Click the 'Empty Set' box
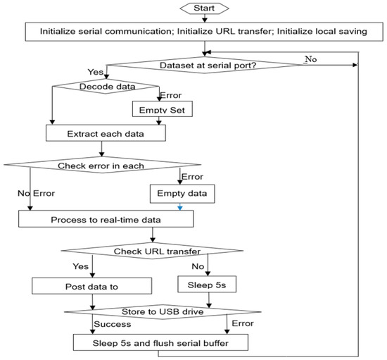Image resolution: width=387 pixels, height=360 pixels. [163, 109]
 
